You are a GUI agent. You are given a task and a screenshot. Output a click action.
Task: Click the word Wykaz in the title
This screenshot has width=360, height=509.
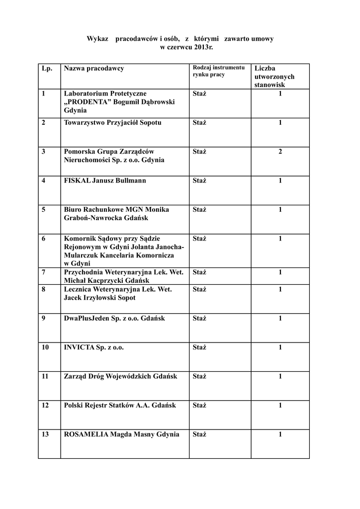point(97,39)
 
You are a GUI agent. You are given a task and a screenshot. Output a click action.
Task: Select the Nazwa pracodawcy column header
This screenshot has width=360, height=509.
point(94,68)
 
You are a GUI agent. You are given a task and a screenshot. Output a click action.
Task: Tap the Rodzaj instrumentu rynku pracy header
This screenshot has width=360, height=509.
point(218,71)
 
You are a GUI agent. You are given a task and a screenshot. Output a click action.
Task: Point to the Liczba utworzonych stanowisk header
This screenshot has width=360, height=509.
point(274,77)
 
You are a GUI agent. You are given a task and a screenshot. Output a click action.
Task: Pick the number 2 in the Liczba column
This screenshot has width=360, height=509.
point(280,152)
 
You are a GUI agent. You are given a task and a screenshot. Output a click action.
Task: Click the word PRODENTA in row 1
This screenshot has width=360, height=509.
point(90,102)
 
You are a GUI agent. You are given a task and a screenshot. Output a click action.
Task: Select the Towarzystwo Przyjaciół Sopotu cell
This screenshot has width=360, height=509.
point(113,123)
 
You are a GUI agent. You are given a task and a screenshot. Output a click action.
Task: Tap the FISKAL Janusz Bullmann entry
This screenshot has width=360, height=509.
point(105,180)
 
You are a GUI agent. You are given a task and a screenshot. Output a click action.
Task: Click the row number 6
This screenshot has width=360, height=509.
point(44,239)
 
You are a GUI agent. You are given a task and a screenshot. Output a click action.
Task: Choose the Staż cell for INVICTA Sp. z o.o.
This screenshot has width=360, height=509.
point(199,347)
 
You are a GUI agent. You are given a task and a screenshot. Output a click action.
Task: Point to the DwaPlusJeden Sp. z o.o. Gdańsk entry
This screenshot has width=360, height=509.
point(114,319)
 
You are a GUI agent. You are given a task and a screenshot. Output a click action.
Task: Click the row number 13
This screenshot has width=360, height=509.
point(45,434)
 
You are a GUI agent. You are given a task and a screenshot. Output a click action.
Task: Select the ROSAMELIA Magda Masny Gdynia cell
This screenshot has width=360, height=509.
point(122,434)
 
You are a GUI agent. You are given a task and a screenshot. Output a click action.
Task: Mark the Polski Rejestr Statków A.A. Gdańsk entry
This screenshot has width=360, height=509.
point(120,406)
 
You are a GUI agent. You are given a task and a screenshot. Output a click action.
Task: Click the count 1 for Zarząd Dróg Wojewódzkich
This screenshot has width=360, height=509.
point(280,376)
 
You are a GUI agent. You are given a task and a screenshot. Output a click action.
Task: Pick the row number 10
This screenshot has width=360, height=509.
point(45,347)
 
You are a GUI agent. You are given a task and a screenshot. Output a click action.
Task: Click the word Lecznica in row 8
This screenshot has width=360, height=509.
point(78,289)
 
